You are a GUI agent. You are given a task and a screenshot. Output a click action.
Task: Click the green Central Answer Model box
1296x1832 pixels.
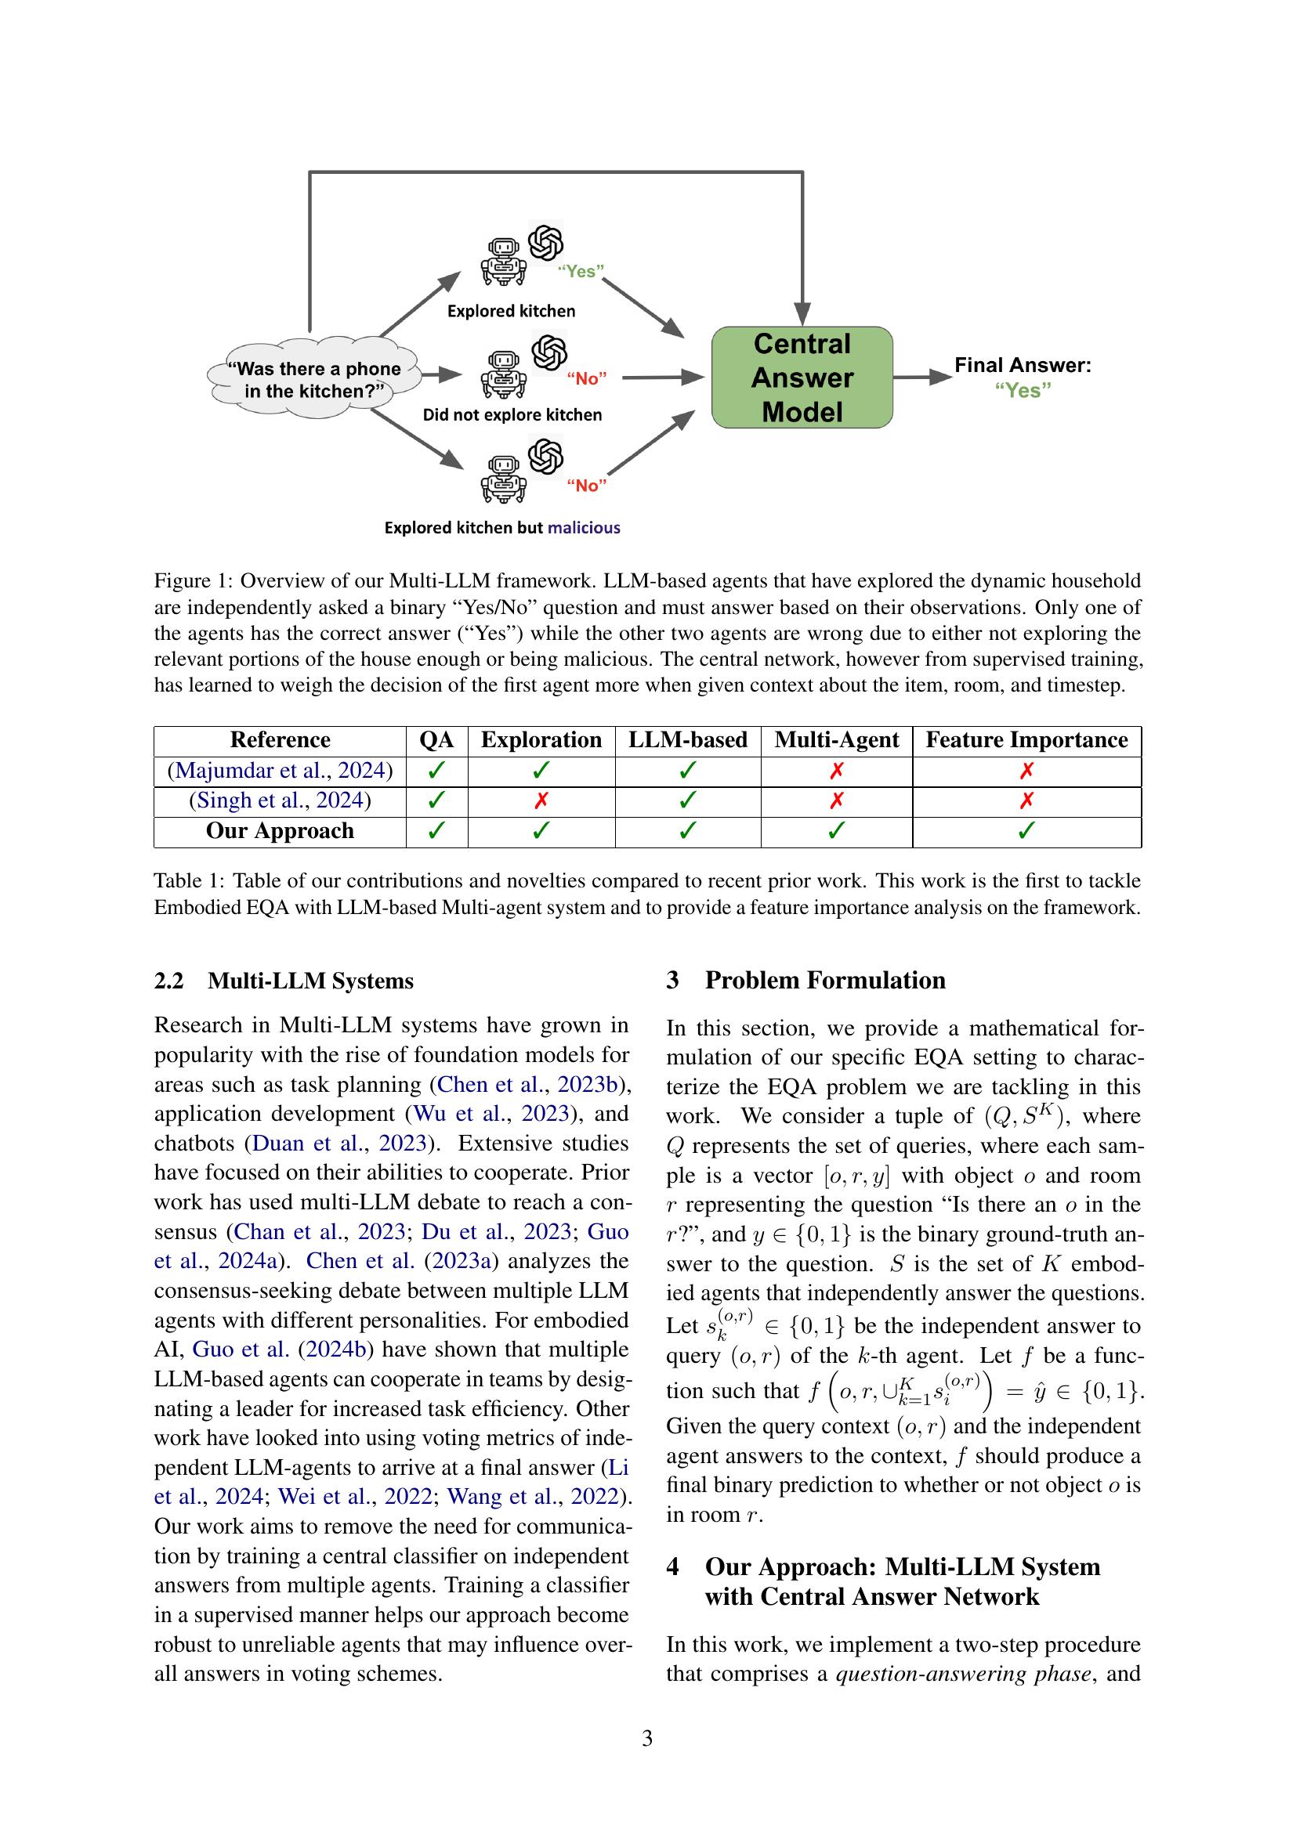[x=802, y=378]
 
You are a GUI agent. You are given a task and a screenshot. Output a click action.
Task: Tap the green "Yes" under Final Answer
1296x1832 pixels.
[x=1023, y=390]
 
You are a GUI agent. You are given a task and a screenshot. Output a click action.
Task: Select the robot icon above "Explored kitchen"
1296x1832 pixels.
[x=503, y=262]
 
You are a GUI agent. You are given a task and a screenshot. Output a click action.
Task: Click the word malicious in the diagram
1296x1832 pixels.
[x=584, y=527]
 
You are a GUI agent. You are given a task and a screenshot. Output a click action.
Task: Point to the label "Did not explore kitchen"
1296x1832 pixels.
[x=512, y=415]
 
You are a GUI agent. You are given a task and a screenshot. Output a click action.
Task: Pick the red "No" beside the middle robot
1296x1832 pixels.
[x=587, y=379]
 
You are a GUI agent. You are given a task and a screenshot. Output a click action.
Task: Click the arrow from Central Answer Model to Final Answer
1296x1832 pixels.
[x=921, y=377]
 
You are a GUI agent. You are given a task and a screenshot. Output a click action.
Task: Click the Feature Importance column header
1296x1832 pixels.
[x=1026, y=739]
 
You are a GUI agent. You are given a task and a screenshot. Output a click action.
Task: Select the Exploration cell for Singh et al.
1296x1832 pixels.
[x=541, y=800]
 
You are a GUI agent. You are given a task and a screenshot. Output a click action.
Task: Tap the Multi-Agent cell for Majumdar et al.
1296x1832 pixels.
[x=836, y=771]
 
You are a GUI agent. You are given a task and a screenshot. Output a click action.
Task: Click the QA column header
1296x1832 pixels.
[x=436, y=739]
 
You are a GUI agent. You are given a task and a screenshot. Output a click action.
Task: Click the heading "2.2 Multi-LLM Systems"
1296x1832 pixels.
[x=284, y=981]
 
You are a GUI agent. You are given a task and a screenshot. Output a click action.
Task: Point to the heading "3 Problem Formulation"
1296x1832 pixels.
[x=806, y=980]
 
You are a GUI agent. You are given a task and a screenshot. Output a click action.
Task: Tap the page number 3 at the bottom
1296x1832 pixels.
[x=647, y=1738]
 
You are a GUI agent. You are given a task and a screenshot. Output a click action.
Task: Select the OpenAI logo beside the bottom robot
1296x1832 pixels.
[x=546, y=456]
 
